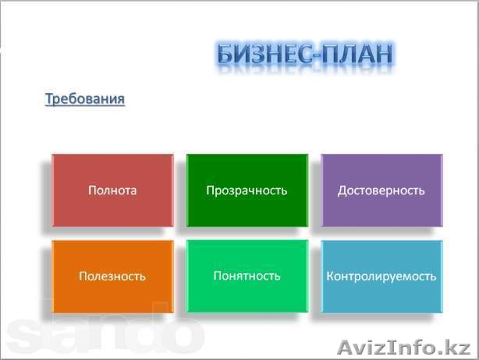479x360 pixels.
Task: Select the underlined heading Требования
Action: click(x=85, y=99)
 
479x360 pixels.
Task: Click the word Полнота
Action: click(x=112, y=190)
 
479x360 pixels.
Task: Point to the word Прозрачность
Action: click(x=247, y=190)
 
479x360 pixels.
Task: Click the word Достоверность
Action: click(x=381, y=190)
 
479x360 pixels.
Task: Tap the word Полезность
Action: click(x=112, y=276)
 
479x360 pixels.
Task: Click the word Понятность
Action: click(x=247, y=275)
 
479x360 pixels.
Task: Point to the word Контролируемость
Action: click(x=381, y=276)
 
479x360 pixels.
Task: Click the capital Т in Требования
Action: click(x=50, y=99)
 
